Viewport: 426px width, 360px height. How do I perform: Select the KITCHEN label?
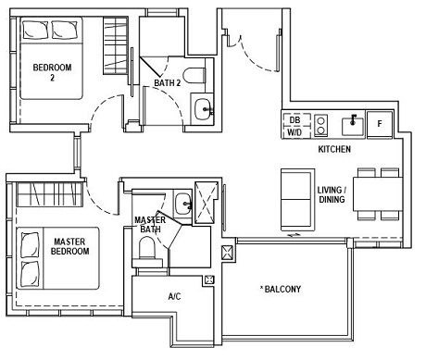334,149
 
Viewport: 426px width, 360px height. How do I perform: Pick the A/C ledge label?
174,298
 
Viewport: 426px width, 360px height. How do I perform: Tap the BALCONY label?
281,289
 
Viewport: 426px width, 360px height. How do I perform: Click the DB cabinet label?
294,119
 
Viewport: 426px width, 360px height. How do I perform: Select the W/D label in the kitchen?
294,131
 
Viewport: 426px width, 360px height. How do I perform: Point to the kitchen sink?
352,123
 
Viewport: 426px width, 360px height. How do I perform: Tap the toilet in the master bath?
145,247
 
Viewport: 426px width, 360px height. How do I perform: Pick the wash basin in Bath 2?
202,108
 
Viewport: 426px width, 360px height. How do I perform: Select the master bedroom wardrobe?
50,195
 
